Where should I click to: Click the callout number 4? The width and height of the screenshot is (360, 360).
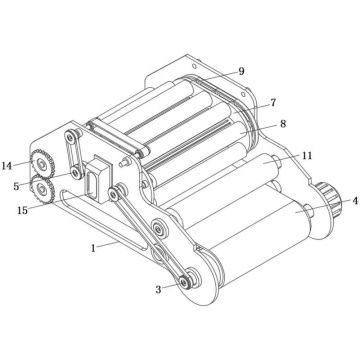[352, 201]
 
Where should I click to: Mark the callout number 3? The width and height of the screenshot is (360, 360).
[158, 291]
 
